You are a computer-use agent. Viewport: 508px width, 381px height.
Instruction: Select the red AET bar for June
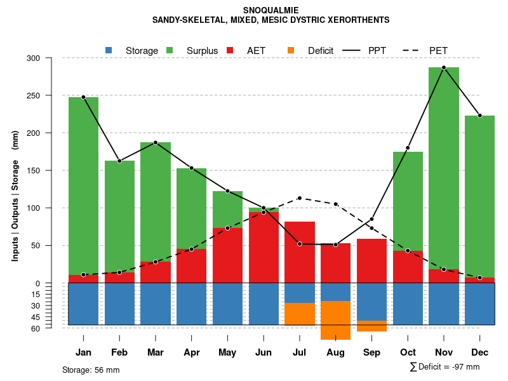[x=264, y=248]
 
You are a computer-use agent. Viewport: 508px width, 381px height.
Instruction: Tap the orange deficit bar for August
[x=335, y=320]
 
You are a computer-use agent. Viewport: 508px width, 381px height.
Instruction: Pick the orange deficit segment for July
[x=300, y=314]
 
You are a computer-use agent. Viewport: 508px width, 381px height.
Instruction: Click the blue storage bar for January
[x=83, y=304]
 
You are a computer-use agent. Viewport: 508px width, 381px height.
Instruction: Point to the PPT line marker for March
[x=156, y=143]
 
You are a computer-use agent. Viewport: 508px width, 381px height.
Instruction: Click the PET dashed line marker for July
[x=300, y=198]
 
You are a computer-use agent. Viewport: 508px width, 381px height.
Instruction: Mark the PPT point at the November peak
[x=444, y=67]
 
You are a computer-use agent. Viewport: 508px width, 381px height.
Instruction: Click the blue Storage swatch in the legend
[x=109, y=50]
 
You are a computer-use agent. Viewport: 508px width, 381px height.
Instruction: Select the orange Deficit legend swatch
[x=291, y=50]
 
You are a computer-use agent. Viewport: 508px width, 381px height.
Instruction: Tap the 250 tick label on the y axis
[x=51, y=96]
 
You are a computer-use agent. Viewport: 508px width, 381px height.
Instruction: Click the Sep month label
[x=371, y=352]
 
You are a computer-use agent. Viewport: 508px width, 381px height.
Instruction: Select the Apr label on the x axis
[x=191, y=352]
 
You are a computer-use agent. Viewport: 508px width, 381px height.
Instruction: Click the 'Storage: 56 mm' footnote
[x=91, y=370]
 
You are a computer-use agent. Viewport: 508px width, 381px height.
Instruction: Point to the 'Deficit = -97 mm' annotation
[x=448, y=366]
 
